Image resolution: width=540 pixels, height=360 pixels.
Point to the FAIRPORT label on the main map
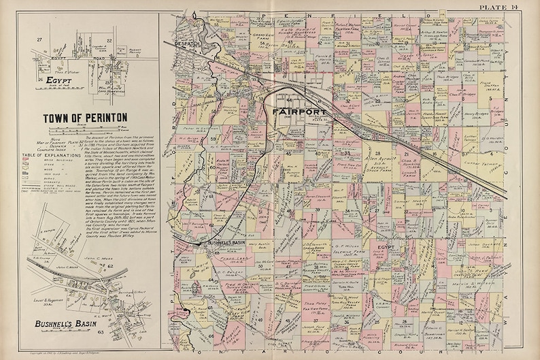(x=299, y=111)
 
